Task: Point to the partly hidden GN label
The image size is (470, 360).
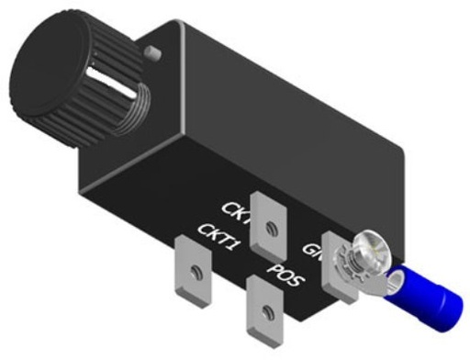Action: pyautogui.click(x=312, y=247)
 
